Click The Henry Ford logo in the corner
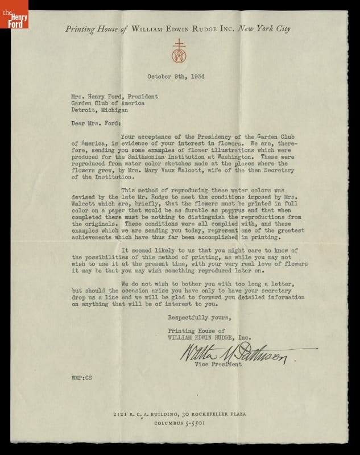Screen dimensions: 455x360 pyautogui.click(x=13, y=14)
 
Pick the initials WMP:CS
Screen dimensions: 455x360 pyautogui.click(x=80, y=377)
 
